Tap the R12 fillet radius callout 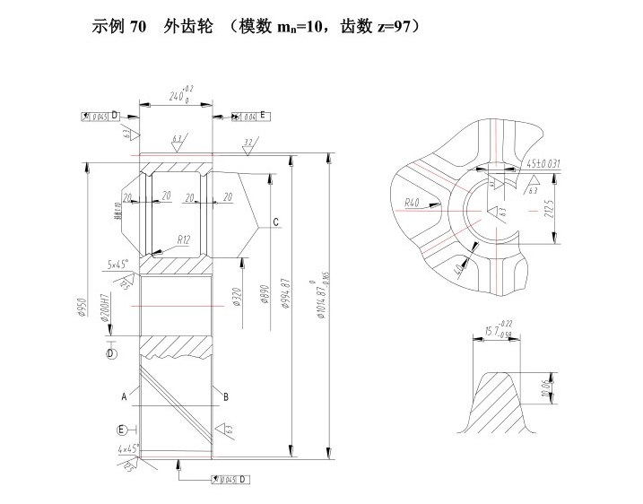pos(183,239)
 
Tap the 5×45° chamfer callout pos(117,265)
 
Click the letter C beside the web pos(276,222)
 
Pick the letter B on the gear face pos(226,395)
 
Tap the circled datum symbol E pos(121,428)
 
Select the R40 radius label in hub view pos(412,204)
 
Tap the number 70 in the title pos(138,26)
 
